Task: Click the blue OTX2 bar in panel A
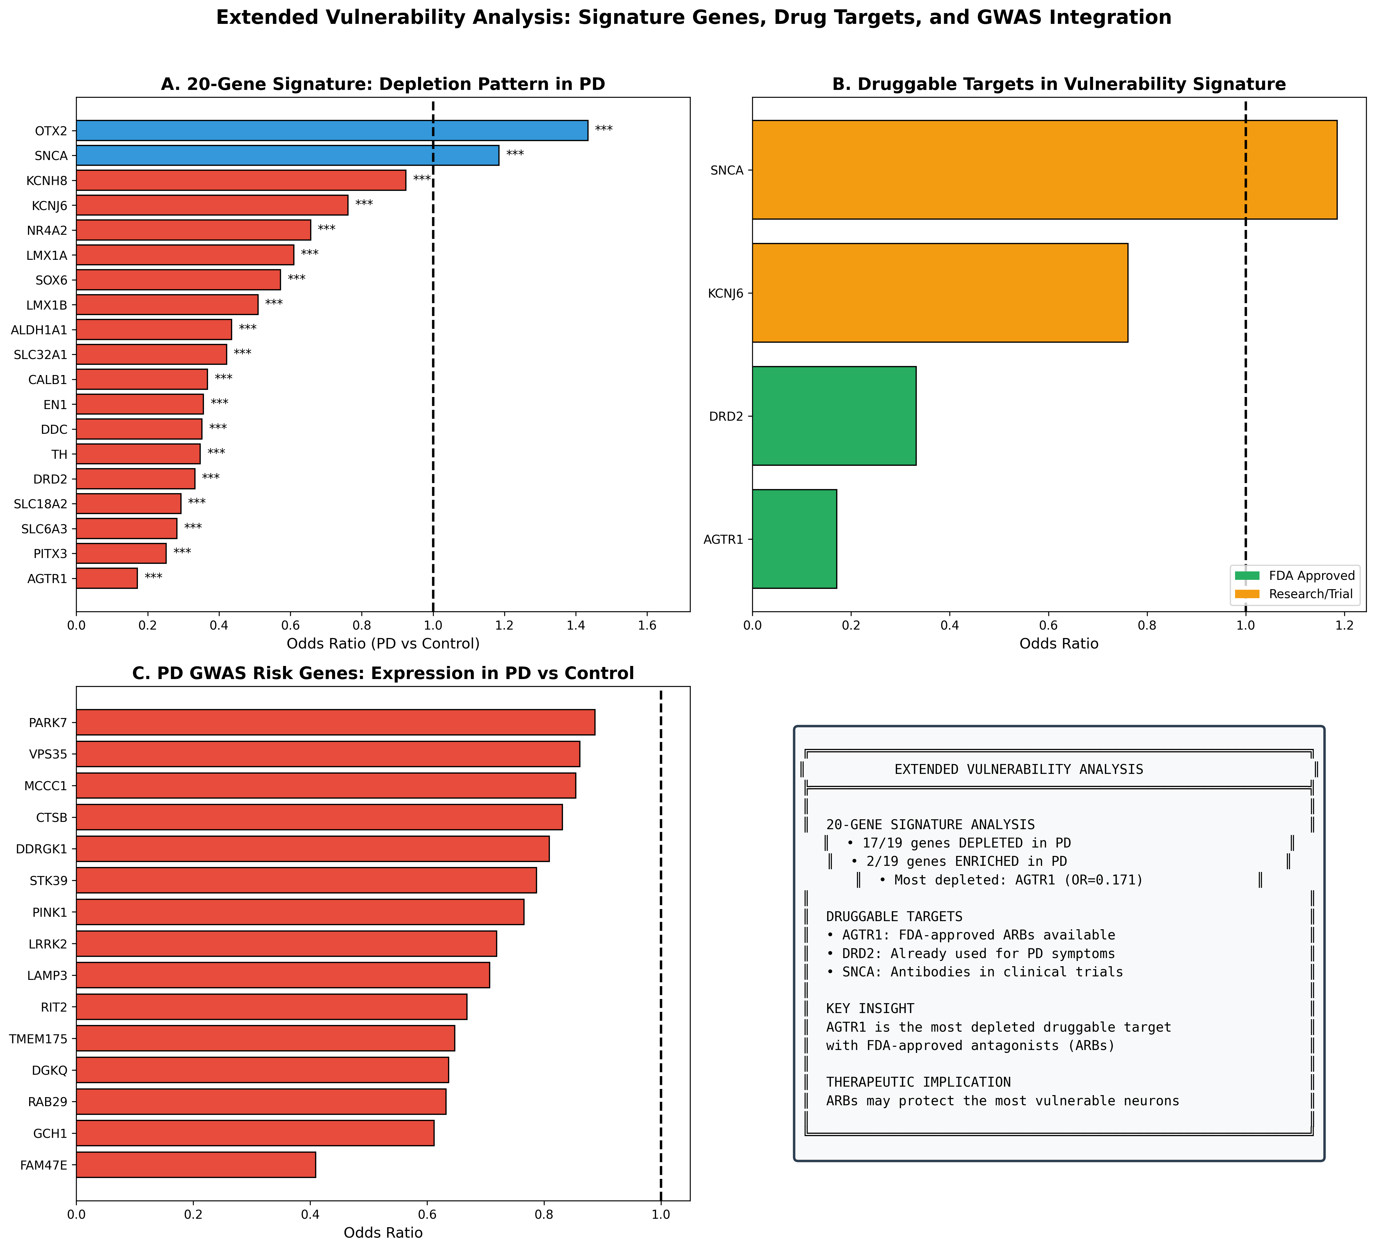click(x=332, y=130)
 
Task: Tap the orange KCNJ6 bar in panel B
click(x=940, y=293)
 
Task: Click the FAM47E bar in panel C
click(x=196, y=1164)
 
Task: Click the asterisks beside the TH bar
click(x=216, y=453)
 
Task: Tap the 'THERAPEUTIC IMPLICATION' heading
click(x=918, y=1083)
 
